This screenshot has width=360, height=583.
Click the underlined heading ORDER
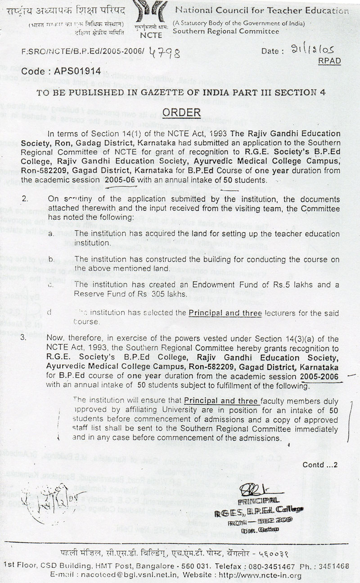[x=177, y=112]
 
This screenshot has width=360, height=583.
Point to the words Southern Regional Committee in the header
[x=225, y=32]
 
